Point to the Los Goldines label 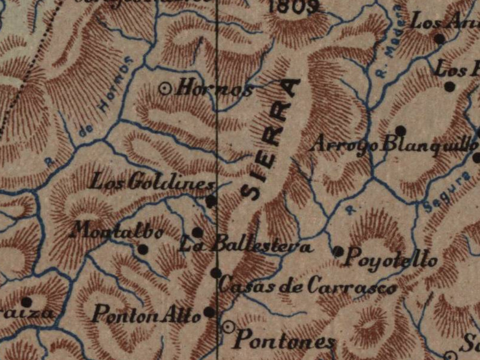pos(152,181)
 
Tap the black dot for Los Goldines pos(211,201)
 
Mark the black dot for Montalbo pos(143,250)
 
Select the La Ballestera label pos(245,246)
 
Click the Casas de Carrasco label pos(307,286)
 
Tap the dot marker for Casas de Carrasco pos(215,273)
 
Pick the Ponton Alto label pos(146,314)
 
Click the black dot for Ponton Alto pos(209,312)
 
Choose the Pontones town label pos(284,340)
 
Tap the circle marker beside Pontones pos(228,327)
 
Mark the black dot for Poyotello pos(338,251)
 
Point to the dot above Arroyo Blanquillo pos(401,130)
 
